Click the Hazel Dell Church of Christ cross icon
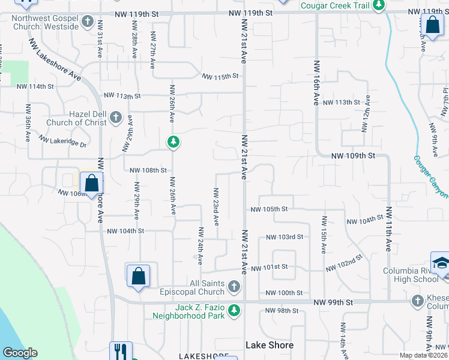(116, 117)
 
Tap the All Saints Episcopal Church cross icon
(234, 287)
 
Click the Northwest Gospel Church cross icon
(88, 23)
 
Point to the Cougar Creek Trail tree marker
(378, 5)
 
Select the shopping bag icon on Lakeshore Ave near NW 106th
(91, 184)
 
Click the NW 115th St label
(220, 77)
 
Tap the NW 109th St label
(353, 155)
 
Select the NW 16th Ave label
(316, 83)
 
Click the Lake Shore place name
(270, 345)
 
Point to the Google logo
(20, 353)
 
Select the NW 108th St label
(148, 170)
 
